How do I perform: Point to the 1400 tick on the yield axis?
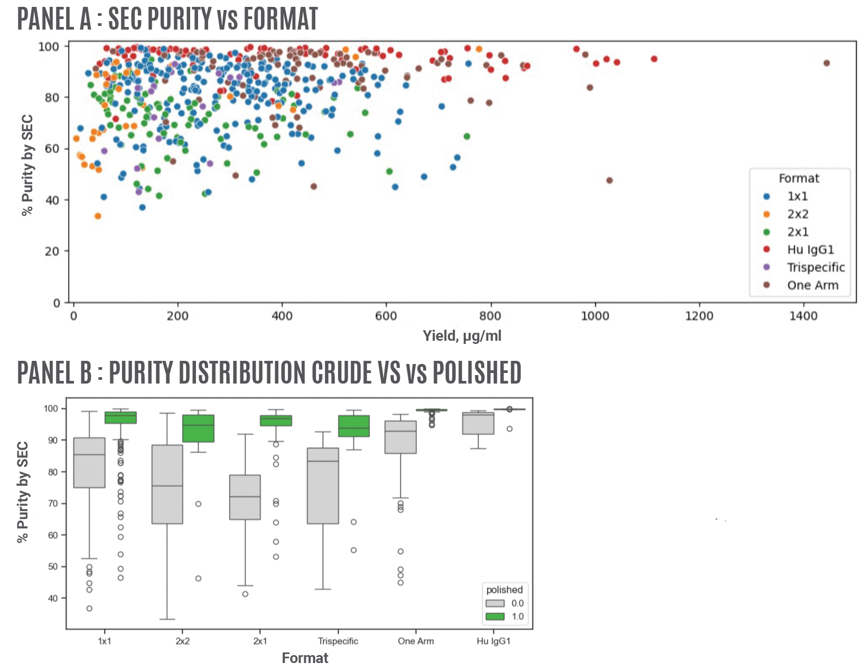pos(803,316)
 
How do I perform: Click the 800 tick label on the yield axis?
pos(490,316)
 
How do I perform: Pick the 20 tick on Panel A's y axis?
pos(52,251)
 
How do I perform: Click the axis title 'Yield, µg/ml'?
pos(462,336)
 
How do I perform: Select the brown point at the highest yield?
pos(827,63)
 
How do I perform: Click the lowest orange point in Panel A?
pos(98,216)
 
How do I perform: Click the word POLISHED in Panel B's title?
pos(476,372)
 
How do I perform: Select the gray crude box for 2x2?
pos(167,484)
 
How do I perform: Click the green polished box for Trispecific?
pos(354,426)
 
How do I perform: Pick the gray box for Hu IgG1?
pos(478,424)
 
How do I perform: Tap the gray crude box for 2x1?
pos(245,497)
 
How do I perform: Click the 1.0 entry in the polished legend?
pos(517,617)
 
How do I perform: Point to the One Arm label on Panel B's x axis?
pos(416,641)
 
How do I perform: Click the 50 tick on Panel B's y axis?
pos(52,567)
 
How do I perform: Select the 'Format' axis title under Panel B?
pos(305,658)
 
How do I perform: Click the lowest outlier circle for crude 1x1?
pos(89,609)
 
